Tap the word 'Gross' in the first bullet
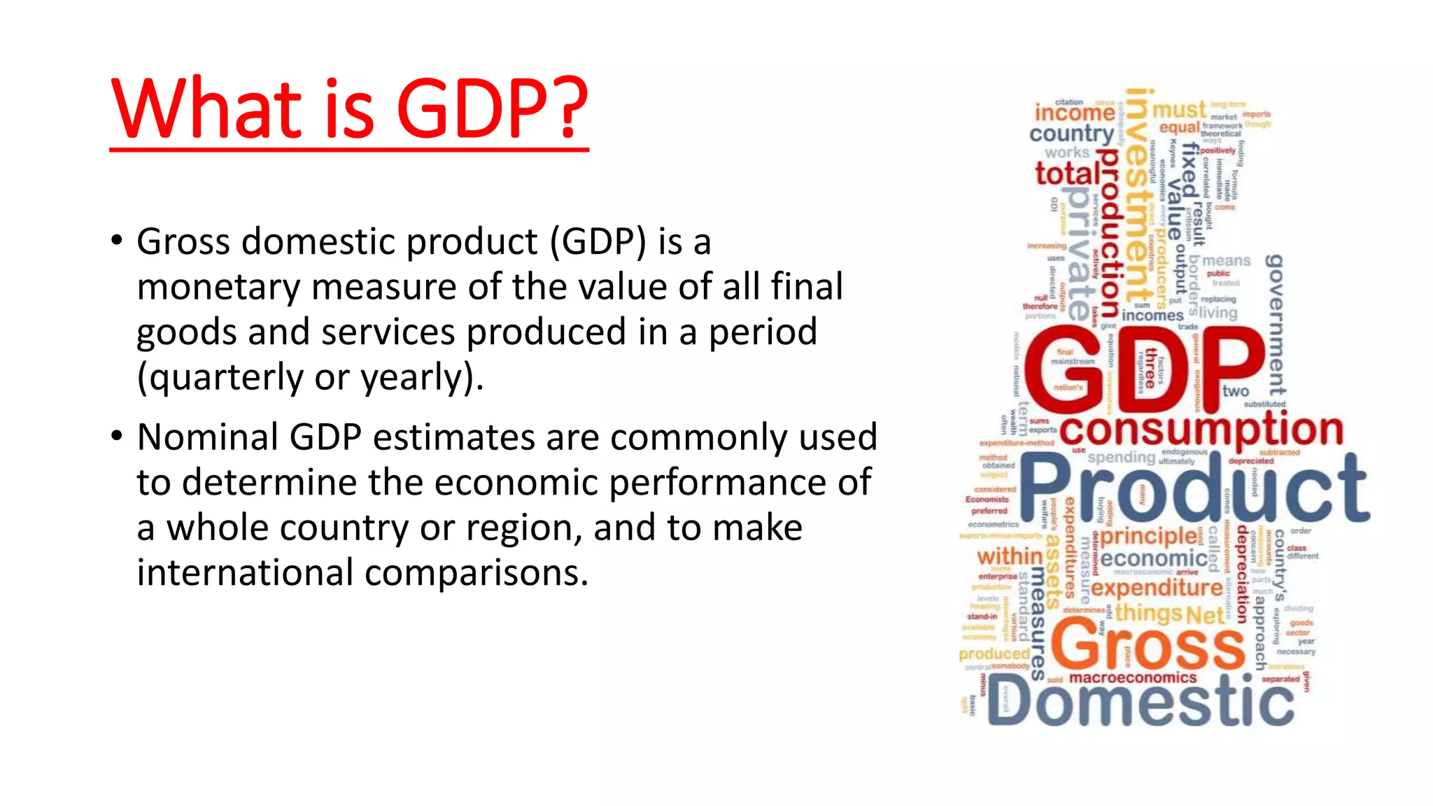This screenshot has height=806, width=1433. coord(183,242)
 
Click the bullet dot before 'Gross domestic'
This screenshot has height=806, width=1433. coord(117,241)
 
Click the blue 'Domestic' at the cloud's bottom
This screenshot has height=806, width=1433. coord(1141,703)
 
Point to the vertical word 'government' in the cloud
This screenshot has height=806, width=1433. coord(1276,325)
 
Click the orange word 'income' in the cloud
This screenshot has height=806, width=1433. coord(1074,113)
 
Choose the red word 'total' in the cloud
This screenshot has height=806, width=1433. coord(1066,174)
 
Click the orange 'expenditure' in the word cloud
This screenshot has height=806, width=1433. coord(1157,588)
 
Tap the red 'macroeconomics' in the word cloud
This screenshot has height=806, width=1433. coord(1133,678)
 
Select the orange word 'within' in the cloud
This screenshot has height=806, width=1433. coord(1009,556)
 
